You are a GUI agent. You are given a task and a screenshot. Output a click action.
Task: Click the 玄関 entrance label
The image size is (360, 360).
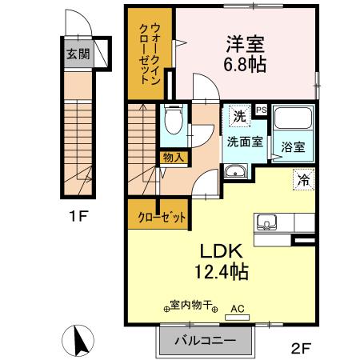click(78, 54)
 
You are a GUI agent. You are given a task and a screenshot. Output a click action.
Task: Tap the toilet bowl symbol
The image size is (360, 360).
click(174, 119)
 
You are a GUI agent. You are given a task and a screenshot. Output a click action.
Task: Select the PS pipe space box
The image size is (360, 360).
click(262, 110)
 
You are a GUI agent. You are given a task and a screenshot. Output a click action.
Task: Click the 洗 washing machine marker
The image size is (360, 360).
click(239, 116)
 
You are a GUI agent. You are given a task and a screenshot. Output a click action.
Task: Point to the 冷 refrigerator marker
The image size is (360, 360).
click(304, 179)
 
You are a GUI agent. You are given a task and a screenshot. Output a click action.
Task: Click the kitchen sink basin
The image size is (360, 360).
click(266, 222)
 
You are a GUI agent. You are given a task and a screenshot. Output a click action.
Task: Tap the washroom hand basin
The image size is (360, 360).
click(236, 171)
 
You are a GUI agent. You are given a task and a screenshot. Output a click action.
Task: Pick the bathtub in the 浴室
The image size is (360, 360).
click(293, 118)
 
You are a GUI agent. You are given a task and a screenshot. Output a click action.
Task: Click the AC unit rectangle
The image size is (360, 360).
click(238, 318)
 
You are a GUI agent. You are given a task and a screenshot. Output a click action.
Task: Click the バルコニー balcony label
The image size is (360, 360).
click(206, 341)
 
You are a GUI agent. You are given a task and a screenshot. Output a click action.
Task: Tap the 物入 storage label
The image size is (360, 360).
click(174, 158)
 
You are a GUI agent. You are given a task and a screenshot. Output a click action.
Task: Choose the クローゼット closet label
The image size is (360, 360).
click(162, 218)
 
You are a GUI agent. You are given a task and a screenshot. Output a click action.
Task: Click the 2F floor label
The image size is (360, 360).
click(301, 348)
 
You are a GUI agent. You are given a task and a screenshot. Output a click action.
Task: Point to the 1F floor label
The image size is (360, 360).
click(78, 216)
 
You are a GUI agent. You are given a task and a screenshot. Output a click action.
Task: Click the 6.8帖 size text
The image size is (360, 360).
click(245, 65)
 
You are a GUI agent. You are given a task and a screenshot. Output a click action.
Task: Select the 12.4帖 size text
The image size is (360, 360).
click(222, 271)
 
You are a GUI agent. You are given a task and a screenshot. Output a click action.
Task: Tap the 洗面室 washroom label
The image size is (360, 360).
click(245, 142)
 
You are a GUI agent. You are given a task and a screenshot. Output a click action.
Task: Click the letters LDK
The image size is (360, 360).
click(222, 251)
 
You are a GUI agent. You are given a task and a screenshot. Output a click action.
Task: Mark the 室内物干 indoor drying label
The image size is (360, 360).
click(191, 305)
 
